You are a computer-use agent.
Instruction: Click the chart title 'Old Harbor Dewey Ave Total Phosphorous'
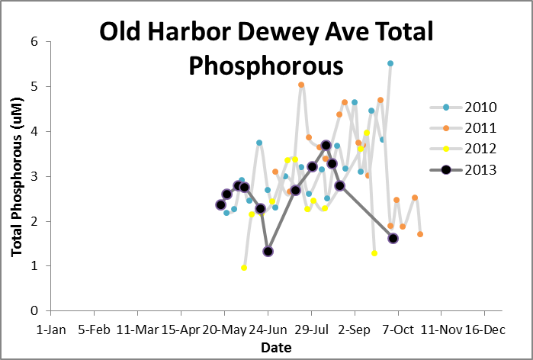coord(266,48)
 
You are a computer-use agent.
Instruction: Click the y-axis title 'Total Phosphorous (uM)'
coord(15,176)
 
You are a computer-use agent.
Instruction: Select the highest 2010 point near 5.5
coord(390,63)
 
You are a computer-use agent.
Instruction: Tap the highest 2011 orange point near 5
coord(301,85)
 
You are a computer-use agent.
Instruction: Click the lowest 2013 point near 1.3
coord(268,251)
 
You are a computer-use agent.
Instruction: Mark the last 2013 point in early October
coord(393,238)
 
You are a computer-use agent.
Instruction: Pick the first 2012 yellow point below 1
coord(244,268)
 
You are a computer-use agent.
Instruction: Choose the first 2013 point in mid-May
coord(220,204)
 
